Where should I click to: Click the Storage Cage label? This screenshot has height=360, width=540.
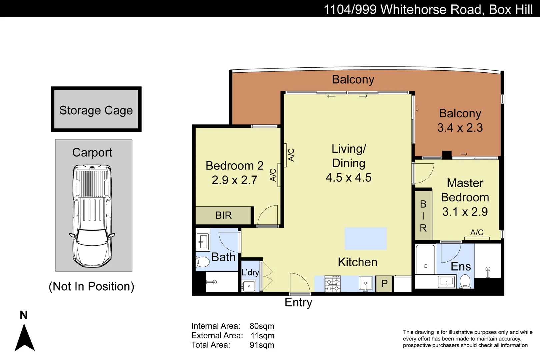pyautogui.click(x=96, y=110)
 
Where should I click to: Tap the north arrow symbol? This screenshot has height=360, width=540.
pyautogui.click(x=24, y=337)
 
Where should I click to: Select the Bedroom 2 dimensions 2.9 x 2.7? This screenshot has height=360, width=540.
pyautogui.click(x=234, y=180)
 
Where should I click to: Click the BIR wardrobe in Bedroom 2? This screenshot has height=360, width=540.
pyautogui.click(x=223, y=215)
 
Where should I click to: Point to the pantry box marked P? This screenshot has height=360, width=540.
pyautogui.click(x=384, y=284)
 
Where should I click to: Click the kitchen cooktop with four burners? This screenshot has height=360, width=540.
pyautogui.click(x=333, y=284)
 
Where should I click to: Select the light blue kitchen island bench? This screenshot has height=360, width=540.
pyautogui.click(x=366, y=239)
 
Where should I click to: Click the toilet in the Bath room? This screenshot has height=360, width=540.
pyautogui.click(x=202, y=262)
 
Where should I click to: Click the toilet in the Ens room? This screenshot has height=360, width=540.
pyautogui.click(x=465, y=281)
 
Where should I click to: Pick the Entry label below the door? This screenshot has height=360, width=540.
pyautogui.click(x=298, y=302)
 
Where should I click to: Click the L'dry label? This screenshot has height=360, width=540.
pyautogui.click(x=250, y=273)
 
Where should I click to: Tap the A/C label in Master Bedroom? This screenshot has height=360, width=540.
pyautogui.click(x=477, y=233)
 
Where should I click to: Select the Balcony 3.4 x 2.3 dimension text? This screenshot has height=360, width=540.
pyautogui.click(x=460, y=128)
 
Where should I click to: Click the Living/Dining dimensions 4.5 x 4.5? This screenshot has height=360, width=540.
pyautogui.click(x=348, y=178)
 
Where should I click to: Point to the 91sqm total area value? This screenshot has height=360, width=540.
pyautogui.click(x=262, y=345)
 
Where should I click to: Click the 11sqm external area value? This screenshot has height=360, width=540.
pyautogui.click(x=262, y=336)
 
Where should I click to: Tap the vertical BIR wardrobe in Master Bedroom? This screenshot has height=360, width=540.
pyautogui.click(x=423, y=216)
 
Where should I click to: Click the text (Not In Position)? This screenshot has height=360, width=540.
pyautogui.click(x=91, y=286)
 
